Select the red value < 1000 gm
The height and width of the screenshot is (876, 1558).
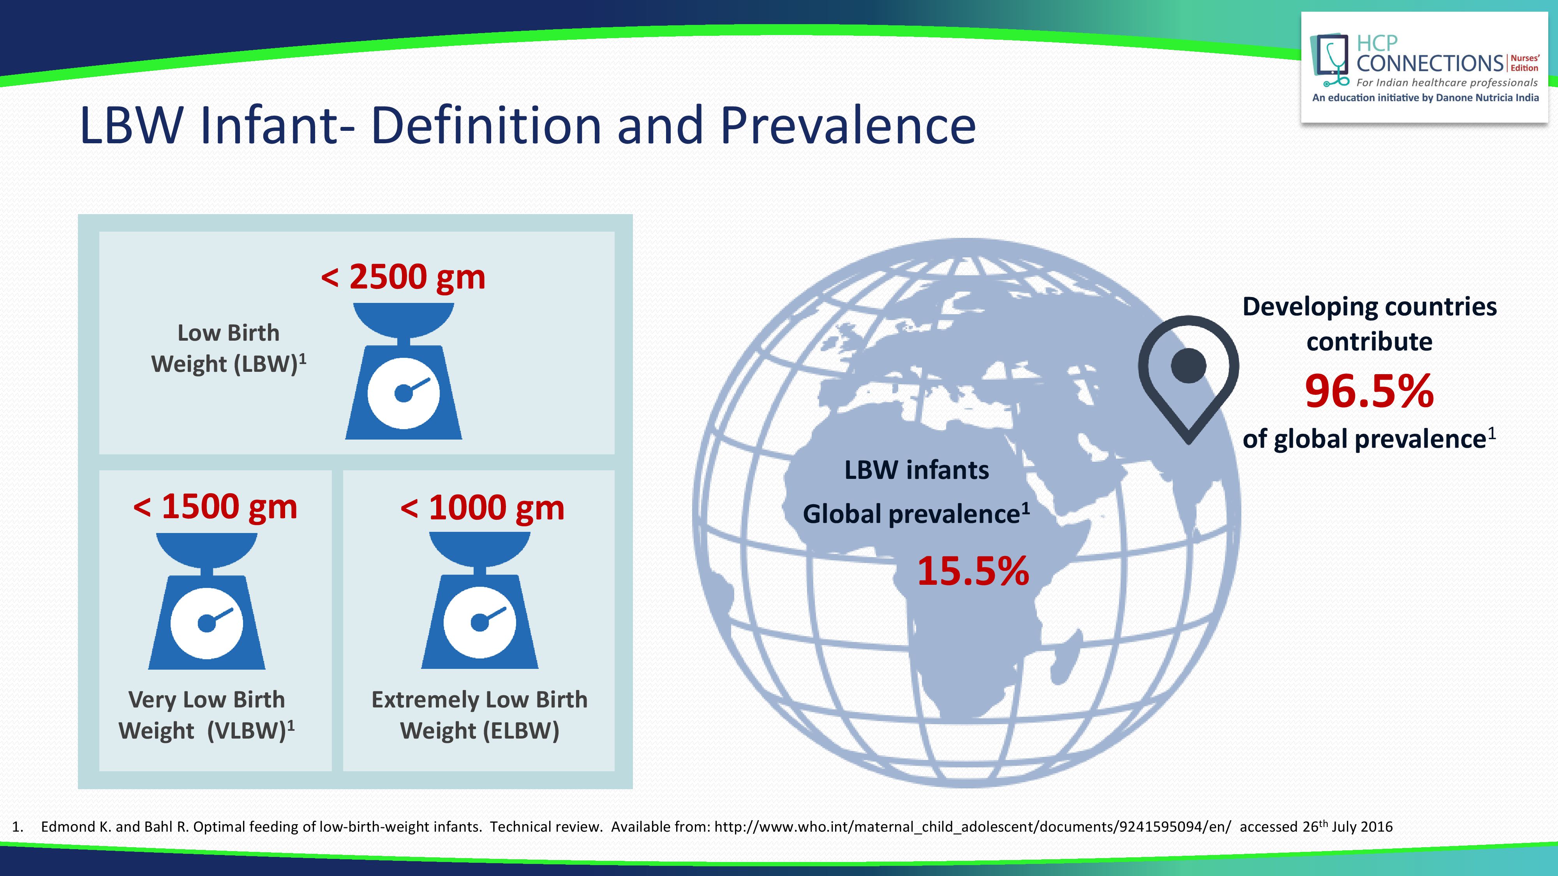click(482, 508)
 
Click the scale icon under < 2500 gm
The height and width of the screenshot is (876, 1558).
click(404, 371)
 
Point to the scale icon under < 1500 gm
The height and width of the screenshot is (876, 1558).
click(207, 601)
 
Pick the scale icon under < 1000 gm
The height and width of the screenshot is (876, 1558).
click(479, 600)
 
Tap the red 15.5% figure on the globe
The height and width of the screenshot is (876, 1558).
click(973, 571)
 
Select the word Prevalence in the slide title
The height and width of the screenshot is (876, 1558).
click(848, 126)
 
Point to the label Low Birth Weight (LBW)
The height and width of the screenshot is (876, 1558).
click(229, 349)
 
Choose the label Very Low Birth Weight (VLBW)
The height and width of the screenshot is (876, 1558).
click(206, 715)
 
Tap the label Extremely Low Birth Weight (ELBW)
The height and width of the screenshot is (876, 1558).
click(479, 715)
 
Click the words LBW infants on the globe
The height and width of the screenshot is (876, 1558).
click(916, 470)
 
